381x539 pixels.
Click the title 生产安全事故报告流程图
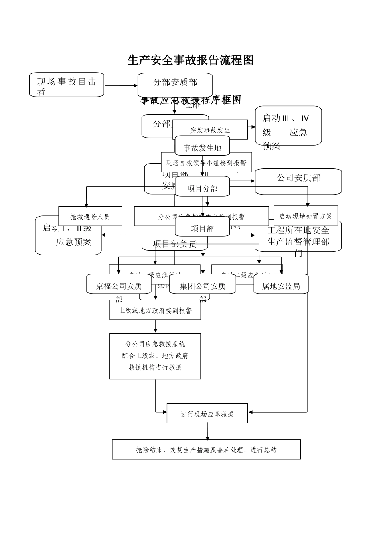190,60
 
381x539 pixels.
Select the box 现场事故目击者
67,85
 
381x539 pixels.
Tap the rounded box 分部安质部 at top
175,82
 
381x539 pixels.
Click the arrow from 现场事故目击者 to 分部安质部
121,85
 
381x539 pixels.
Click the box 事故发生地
202,148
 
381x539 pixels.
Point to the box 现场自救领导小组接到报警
206,163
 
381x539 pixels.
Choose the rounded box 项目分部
202,188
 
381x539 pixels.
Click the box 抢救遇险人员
90,217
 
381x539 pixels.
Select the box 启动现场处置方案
306,216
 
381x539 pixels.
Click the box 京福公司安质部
119,286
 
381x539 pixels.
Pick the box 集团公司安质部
203,286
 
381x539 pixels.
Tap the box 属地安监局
281,286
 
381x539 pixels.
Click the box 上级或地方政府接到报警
155,310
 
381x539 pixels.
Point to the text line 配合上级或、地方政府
155,355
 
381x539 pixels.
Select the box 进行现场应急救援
207,414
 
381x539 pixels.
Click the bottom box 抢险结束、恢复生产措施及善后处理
206,450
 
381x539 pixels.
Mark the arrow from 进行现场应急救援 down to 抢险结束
207,432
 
